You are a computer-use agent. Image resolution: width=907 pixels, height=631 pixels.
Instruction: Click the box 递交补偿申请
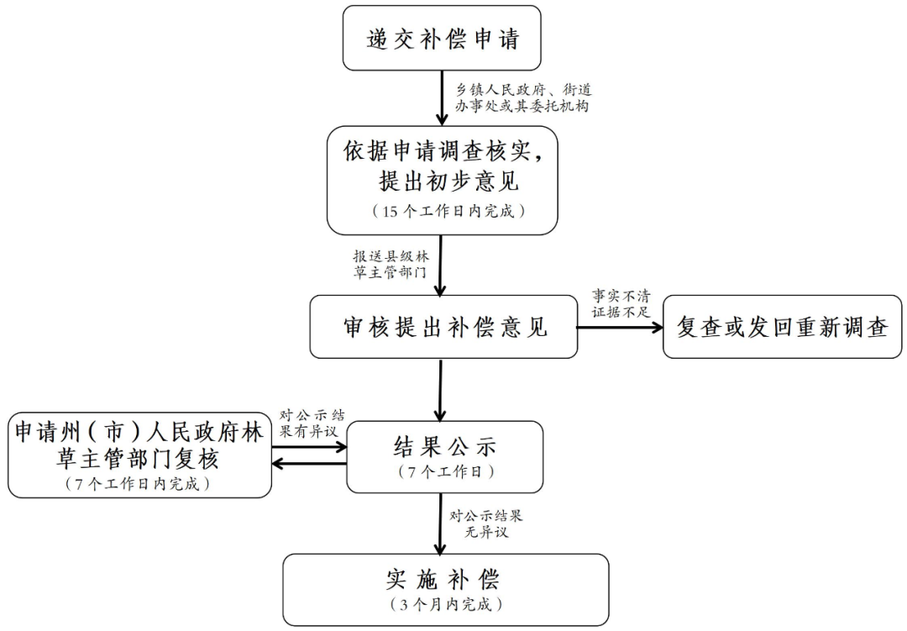tap(443, 39)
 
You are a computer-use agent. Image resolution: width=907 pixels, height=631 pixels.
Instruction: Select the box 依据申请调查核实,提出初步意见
tap(443, 180)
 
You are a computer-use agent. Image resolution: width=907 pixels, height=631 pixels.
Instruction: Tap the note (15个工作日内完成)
tap(443, 211)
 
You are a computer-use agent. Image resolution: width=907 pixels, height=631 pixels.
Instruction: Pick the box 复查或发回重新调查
tap(783, 327)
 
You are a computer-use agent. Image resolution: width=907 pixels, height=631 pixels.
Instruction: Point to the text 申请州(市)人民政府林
tap(139, 434)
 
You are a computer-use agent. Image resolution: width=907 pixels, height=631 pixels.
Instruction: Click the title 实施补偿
tap(444, 580)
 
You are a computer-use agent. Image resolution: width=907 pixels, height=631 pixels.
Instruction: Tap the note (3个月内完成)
tap(444, 604)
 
